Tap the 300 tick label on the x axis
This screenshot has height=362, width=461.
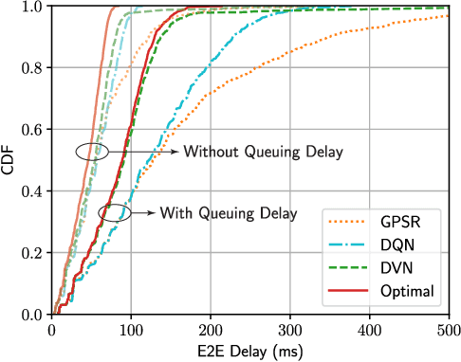[290, 329]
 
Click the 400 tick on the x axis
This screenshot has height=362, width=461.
[370, 329]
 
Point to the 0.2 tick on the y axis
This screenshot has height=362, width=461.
[32, 253]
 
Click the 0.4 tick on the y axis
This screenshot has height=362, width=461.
[32, 191]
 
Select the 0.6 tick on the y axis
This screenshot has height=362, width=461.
[32, 130]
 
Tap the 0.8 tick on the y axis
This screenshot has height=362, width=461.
[32, 68]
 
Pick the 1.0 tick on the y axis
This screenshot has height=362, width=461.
[32, 8]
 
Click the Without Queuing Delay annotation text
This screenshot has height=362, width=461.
[262, 151]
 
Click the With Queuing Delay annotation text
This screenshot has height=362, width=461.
[228, 212]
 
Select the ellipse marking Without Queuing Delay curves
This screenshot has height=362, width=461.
[92, 150]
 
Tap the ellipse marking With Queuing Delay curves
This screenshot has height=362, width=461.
[114, 212]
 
